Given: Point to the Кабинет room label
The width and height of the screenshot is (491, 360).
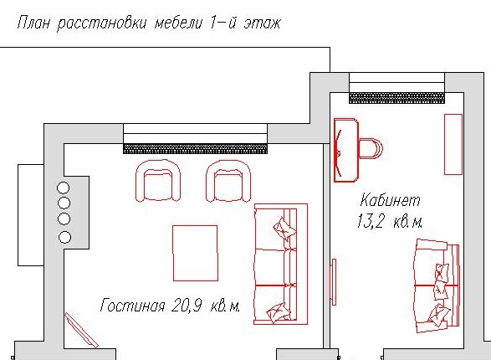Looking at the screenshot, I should (x=390, y=201).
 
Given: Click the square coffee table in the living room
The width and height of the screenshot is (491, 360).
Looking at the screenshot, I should (x=195, y=252).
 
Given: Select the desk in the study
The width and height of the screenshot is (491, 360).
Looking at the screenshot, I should (x=345, y=149).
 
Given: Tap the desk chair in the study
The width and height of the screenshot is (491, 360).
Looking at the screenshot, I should (x=371, y=148).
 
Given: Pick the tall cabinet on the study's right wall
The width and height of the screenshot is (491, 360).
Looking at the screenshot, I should (x=453, y=144).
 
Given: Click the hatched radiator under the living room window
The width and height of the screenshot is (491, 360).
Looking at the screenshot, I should (x=195, y=148).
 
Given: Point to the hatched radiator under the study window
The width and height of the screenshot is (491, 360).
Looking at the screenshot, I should (x=396, y=97).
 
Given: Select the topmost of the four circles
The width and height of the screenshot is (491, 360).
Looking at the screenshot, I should (x=64, y=188).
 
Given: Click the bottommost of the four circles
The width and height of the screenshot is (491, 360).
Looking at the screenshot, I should (x=64, y=237).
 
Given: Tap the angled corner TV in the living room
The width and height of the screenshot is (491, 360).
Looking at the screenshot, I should (x=81, y=330).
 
